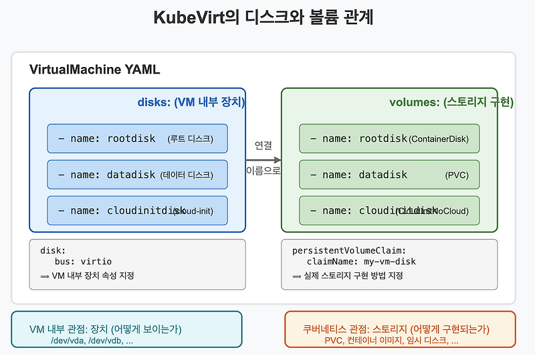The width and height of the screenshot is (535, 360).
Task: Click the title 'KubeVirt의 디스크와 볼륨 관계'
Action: pyautogui.click(x=263, y=17)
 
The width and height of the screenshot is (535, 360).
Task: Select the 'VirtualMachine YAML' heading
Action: pyautogui.click(x=94, y=70)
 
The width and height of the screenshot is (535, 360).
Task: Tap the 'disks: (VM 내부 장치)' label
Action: pyautogui.click(x=191, y=102)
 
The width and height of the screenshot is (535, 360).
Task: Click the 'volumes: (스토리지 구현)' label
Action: pyautogui.click(x=451, y=102)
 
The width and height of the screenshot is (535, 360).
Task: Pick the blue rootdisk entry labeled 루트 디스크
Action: pyautogui.click(x=137, y=139)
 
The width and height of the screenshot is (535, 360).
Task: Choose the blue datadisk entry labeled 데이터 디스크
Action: pyautogui.click(x=137, y=175)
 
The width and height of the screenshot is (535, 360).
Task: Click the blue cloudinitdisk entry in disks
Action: pyautogui.click(x=137, y=211)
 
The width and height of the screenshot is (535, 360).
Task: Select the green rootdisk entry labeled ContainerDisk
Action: pyautogui.click(x=389, y=139)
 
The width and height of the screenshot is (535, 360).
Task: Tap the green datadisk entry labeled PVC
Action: pyautogui.click(x=389, y=175)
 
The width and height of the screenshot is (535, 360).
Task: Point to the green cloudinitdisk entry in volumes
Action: pyautogui.click(x=389, y=211)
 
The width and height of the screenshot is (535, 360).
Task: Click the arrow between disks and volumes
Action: pyautogui.click(x=263, y=160)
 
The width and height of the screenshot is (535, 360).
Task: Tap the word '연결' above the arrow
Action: pyautogui.click(x=263, y=145)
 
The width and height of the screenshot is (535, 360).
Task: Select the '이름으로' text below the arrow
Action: pyautogui.click(x=263, y=171)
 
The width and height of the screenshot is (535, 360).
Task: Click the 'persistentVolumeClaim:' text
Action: pyautogui.click(x=348, y=250)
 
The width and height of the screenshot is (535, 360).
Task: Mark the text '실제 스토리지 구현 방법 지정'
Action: pyautogui.click(x=354, y=276)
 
